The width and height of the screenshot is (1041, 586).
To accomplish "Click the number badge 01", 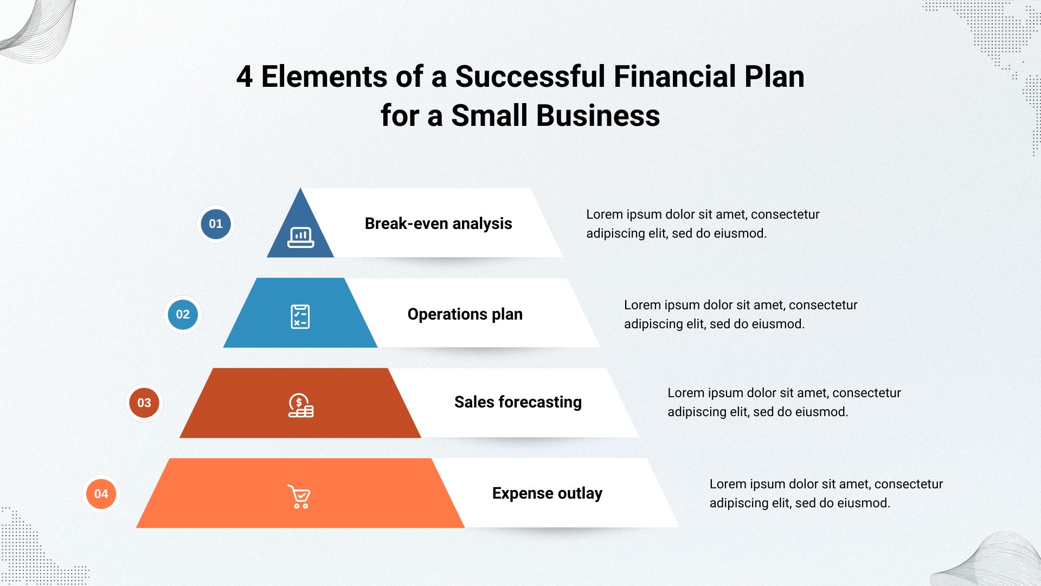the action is point(216,224).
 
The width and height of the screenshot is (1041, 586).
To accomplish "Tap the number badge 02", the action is point(183,314).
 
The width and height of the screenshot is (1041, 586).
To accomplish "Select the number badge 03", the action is point(144,403).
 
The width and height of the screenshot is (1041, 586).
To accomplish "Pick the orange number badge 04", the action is point(101,494).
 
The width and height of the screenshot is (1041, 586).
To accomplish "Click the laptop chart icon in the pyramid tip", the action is point(301,237).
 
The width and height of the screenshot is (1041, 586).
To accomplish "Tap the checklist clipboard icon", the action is point(300,316).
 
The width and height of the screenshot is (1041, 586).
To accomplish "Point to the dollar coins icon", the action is point(301,405).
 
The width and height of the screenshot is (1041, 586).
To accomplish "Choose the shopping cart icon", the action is point(299,496).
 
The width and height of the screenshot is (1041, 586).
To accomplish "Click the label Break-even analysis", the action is point(438,224).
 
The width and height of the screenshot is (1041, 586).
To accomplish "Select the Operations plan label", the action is point(465,314).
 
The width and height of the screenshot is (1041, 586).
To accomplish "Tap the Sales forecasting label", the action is point(518,402).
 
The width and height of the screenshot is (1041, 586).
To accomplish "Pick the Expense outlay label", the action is point(547,493).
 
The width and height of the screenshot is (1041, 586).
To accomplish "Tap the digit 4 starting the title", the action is point(245,77).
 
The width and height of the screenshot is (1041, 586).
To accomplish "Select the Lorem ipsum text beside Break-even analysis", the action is point(703,224).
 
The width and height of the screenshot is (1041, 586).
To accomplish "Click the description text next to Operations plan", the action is point(741,314).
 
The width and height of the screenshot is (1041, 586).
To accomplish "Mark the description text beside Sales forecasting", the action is point(784,402).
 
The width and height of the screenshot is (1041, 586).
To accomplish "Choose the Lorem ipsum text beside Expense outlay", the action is point(826,493).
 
